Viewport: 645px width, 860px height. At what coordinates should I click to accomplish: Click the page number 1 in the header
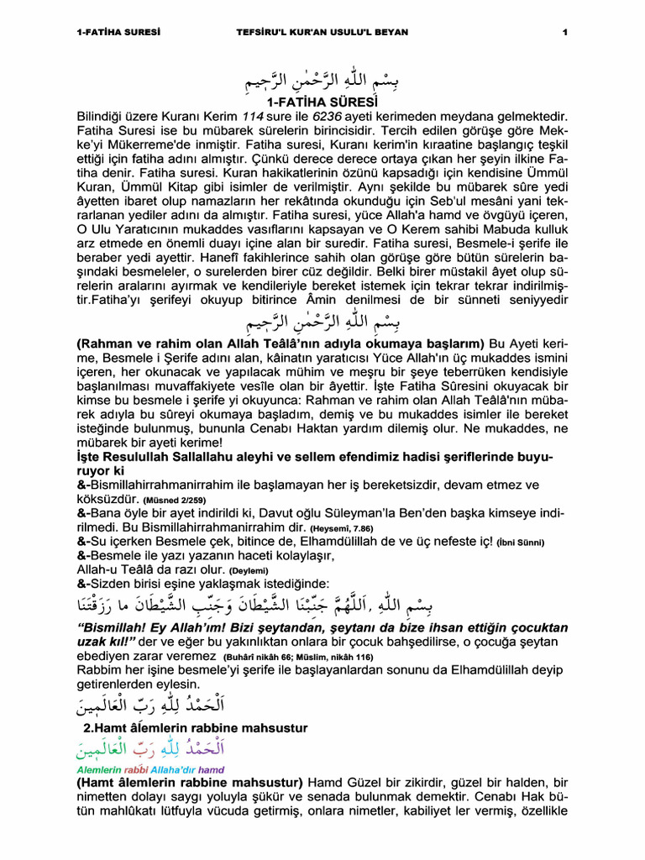point(565,32)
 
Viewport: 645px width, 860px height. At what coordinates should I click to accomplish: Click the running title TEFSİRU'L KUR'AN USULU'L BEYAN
point(322,32)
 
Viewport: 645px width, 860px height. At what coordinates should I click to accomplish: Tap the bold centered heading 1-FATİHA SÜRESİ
point(322,102)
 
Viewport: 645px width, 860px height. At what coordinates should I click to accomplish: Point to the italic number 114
point(254,118)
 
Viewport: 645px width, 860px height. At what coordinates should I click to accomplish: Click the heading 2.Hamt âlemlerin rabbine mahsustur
point(195,727)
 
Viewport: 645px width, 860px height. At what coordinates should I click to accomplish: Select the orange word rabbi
point(136,769)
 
